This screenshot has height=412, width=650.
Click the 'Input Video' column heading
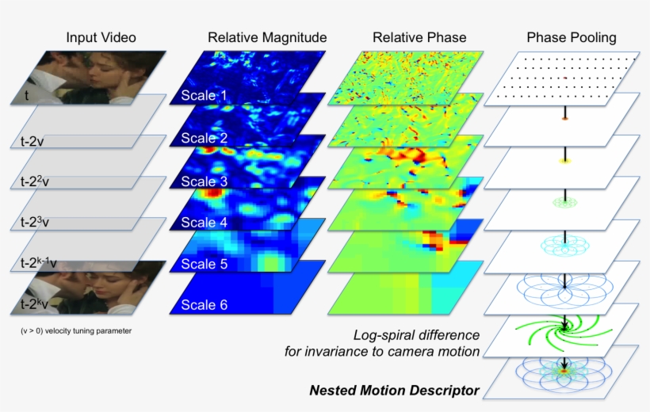click(101, 37)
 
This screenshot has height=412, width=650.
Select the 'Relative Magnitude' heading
click(267, 37)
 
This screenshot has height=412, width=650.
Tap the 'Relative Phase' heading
click(419, 37)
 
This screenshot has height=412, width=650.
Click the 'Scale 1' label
click(204, 96)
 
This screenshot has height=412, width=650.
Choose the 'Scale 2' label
click(204, 139)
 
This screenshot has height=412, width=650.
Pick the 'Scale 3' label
click(204, 181)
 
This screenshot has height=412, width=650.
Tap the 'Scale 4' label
click(204, 223)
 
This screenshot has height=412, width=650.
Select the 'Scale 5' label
click(204, 264)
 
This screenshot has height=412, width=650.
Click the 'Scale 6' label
click(204, 306)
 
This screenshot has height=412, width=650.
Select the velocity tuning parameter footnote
click(76, 330)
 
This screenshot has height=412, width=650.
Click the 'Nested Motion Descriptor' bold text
click(394, 390)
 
